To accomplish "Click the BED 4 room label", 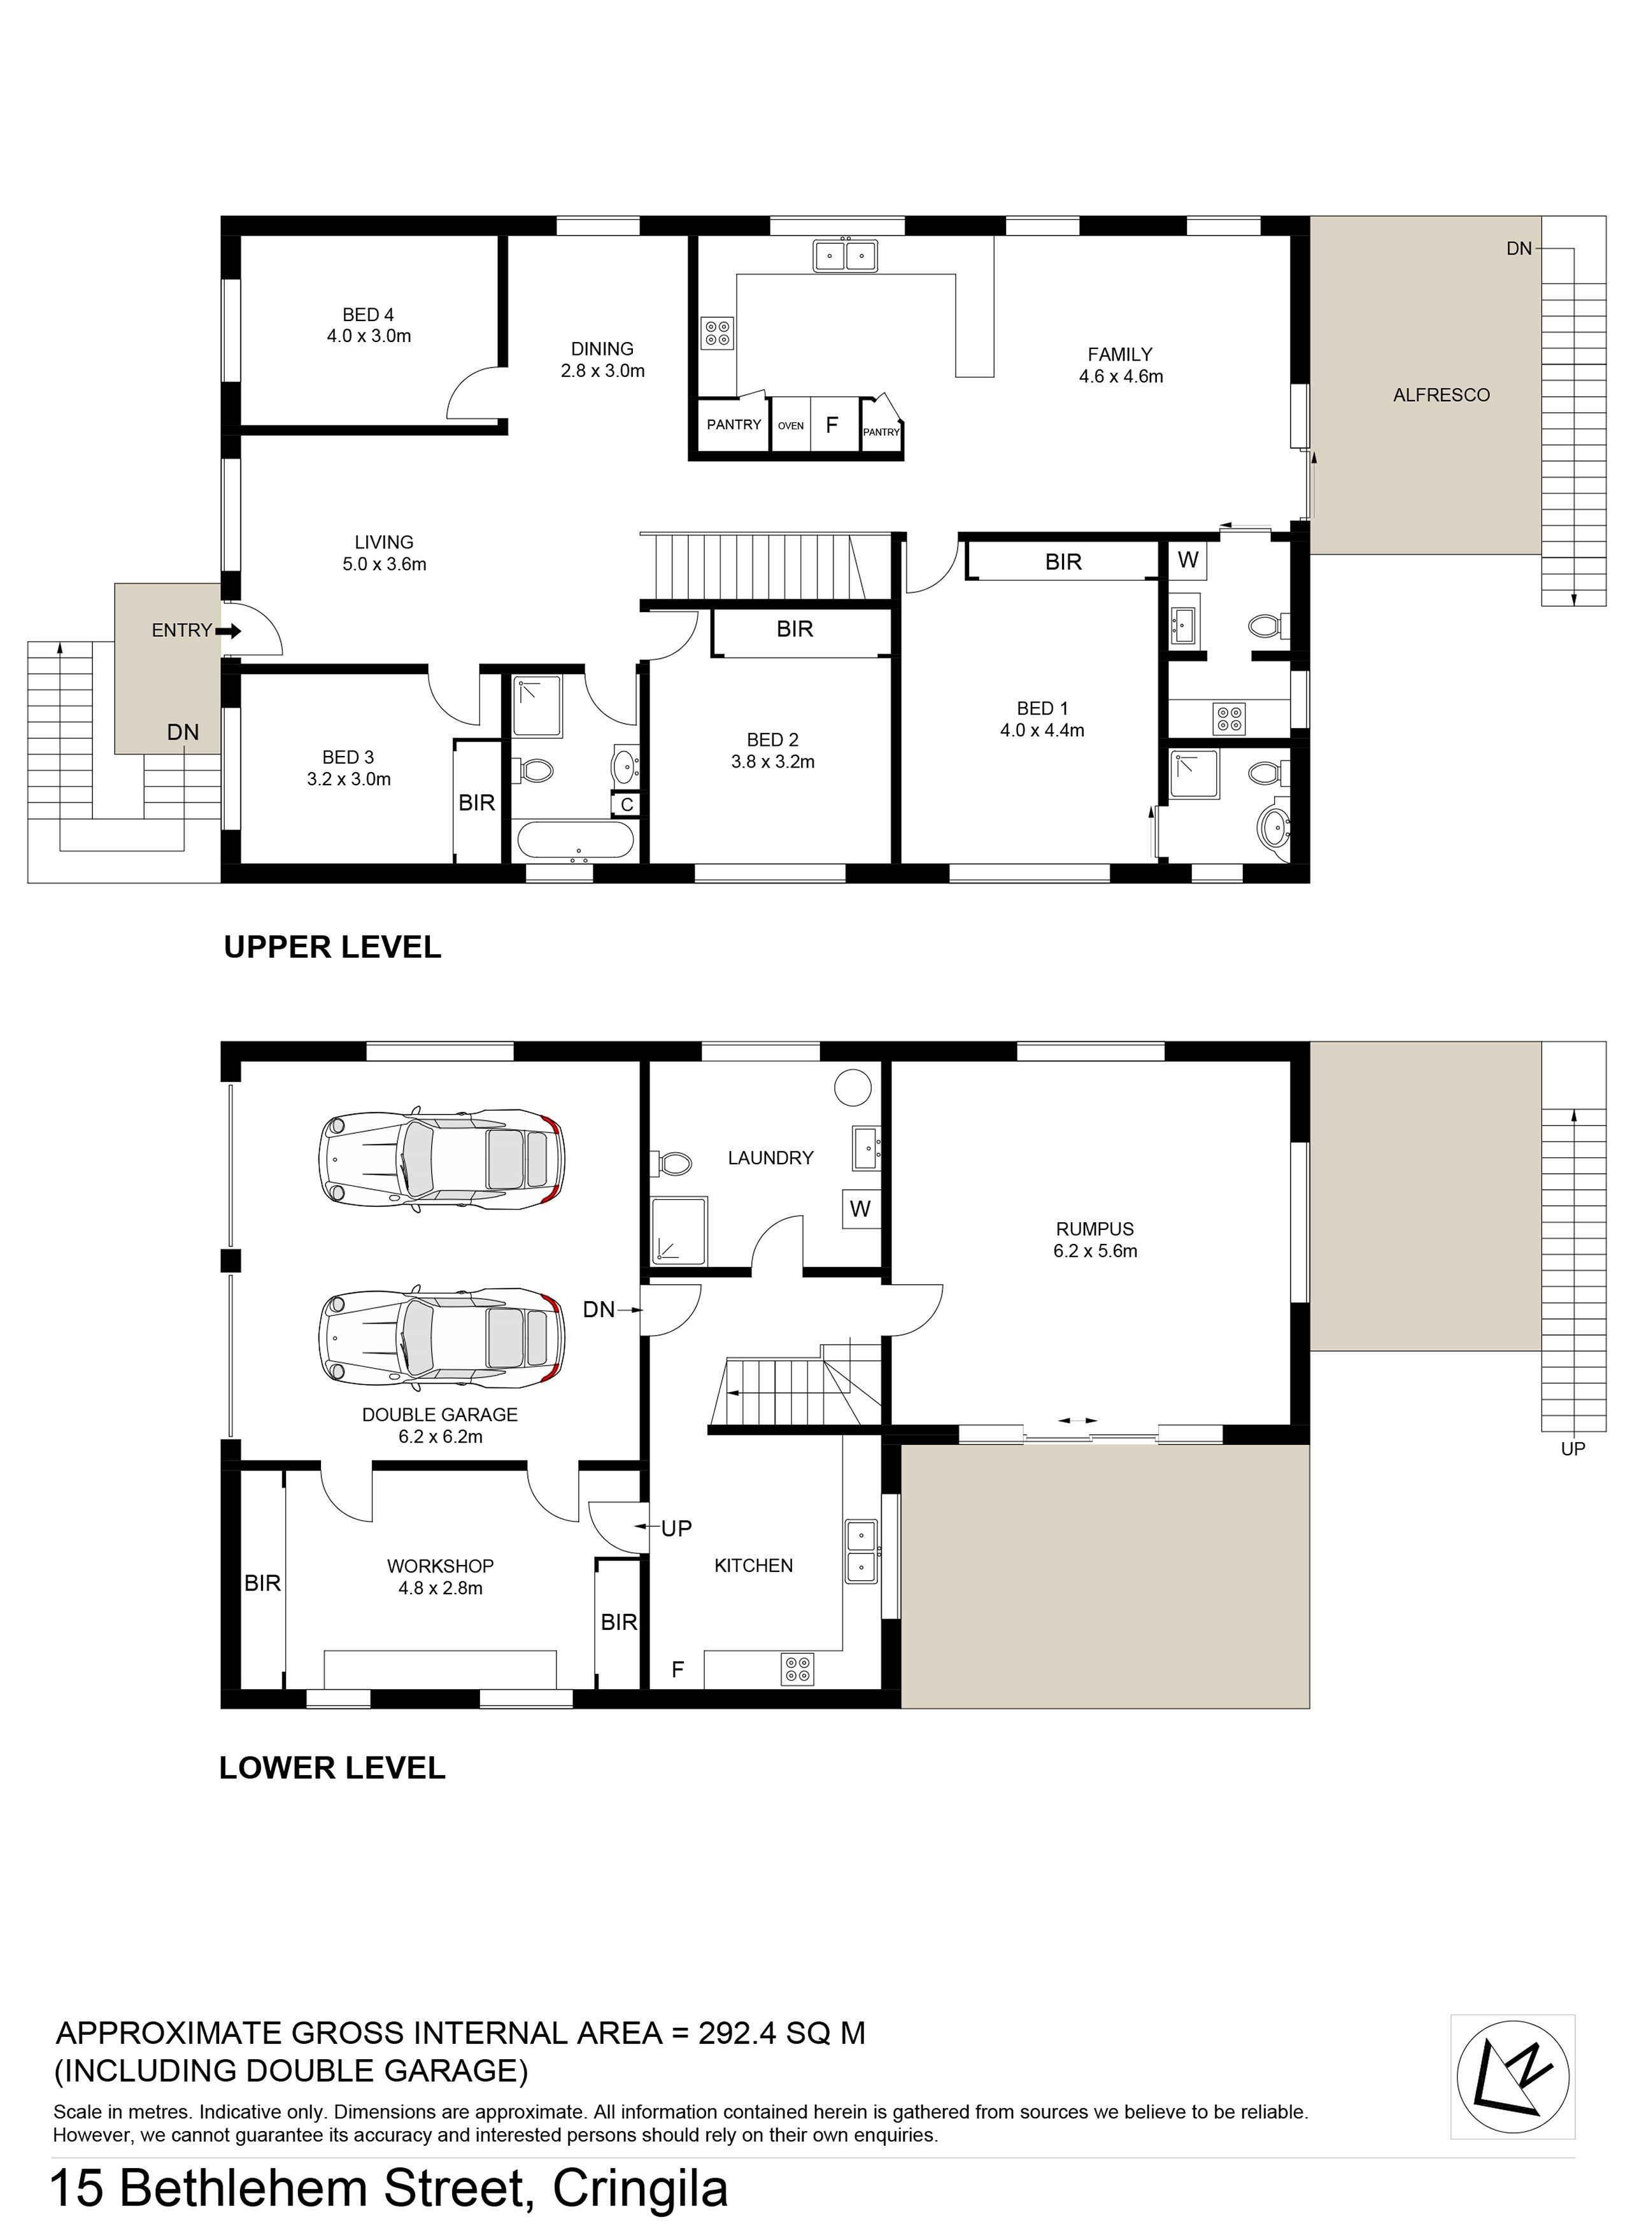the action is click(368, 315).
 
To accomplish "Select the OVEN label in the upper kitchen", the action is click(790, 426).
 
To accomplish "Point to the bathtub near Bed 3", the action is click(575, 842).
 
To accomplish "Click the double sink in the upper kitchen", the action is click(846, 257).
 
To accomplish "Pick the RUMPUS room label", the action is click(1095, 1229).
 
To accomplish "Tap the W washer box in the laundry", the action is click(860, 1209).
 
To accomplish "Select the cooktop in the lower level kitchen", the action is click(797, 1669).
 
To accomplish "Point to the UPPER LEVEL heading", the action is click(332, 947).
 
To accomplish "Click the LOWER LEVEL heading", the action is click(332, 1767).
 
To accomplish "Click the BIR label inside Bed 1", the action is click(1064, 562).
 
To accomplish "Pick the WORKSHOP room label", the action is click(440, 1566).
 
